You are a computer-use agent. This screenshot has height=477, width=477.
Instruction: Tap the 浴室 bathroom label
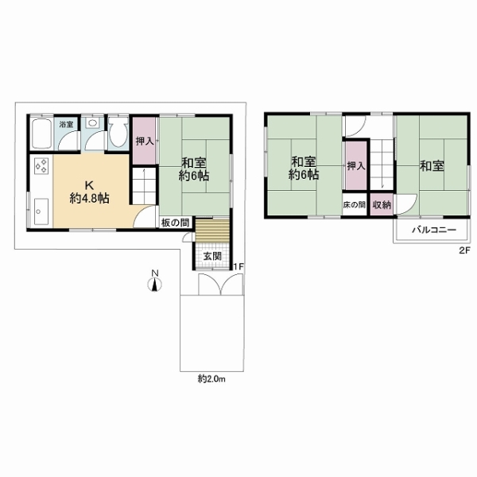(66, 124)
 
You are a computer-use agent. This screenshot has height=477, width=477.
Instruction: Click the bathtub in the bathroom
(41, 134)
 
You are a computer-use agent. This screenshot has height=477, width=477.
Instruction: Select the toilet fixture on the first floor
(118, 133)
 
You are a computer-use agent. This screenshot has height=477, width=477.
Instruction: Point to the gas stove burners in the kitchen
(41, 166)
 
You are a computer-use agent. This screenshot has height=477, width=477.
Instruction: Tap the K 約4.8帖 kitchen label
(89, 192)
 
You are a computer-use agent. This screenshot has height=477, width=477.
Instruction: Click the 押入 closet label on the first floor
(145, 141)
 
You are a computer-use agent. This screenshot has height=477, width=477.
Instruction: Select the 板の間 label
(175, 223)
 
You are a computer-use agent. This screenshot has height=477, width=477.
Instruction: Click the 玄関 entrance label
(212, 256)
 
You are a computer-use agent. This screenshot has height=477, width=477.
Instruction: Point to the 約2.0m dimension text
(211, 378)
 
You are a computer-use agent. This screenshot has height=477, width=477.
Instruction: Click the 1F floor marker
(238, 267)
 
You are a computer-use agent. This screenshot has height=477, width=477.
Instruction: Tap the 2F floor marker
(465, 250)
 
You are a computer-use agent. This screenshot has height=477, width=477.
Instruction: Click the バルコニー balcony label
(434, 230)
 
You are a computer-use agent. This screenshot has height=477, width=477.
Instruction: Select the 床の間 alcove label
(354, 204)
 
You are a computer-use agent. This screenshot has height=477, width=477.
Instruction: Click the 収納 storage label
(382, 205)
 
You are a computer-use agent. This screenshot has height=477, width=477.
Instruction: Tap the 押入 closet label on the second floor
(356, 166)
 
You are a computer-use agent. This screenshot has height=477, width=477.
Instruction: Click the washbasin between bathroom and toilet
(92, 123)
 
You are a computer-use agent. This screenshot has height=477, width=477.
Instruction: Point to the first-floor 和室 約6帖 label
(194, 169)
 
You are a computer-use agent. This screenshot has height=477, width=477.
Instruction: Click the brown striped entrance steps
(212, 231)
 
